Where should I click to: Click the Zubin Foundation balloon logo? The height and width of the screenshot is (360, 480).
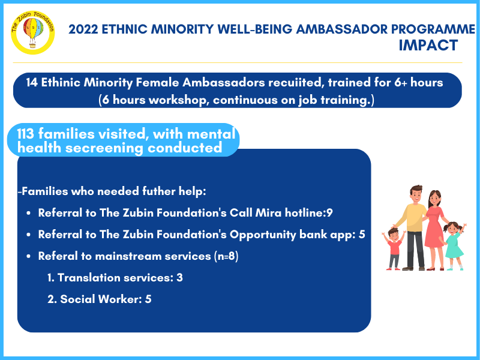32,32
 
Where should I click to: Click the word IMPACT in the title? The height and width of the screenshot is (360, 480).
428,46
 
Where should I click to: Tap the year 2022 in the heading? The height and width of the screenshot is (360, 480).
83,29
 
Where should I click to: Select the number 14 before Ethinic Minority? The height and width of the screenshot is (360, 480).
32,82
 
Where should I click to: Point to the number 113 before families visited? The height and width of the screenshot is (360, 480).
25,134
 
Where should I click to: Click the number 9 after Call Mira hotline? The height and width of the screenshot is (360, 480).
329,213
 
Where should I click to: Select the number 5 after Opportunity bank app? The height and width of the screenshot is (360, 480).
362,235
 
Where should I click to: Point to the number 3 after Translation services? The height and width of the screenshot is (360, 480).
179,278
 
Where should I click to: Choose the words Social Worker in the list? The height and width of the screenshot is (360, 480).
98,299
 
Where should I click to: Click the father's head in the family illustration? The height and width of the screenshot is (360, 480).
416,194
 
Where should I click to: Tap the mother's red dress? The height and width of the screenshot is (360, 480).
433,227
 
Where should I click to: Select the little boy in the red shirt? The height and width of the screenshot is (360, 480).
394,248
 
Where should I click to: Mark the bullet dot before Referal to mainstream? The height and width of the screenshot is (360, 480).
28,256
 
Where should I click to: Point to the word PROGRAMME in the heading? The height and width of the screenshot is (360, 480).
433,29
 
